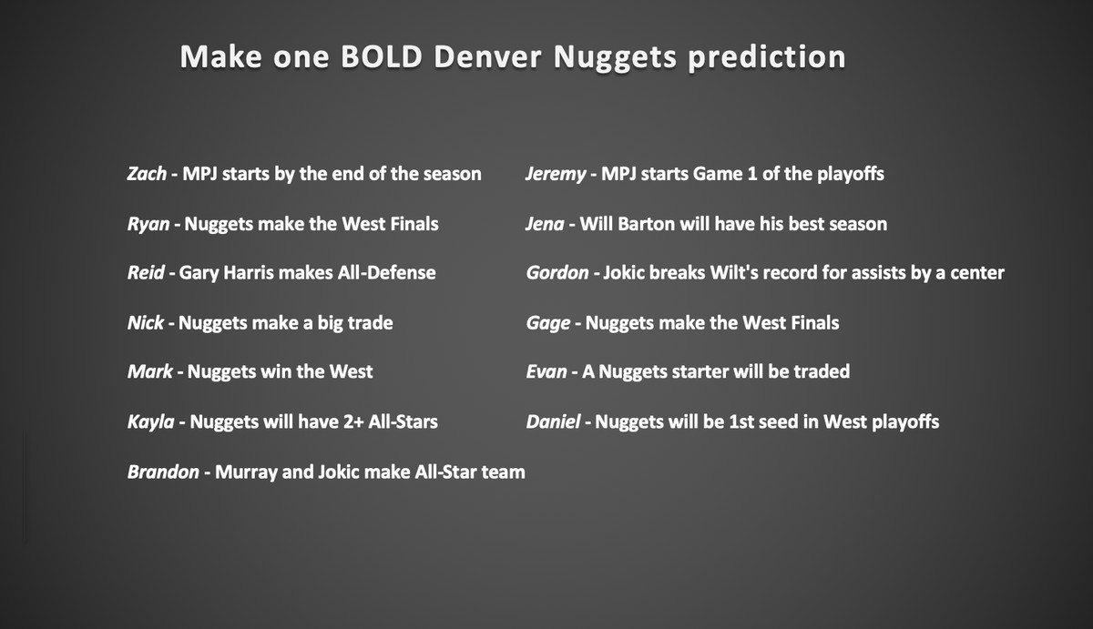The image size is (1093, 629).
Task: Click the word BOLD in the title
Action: pos(382,56)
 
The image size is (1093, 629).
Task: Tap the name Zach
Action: pos(147,174)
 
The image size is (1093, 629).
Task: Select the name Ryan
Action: pos(148,225)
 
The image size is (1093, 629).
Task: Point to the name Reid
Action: pos(146,272)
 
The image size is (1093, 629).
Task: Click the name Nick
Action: pos(146,323)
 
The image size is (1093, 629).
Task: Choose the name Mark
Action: pos(149,371)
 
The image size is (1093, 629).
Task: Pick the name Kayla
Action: pos(151,422)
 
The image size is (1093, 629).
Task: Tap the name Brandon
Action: pos(163,472)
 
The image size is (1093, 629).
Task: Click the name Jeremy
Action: pos(556,175)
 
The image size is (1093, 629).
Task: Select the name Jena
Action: pos(545,224)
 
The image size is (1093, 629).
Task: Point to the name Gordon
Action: pos(557,272)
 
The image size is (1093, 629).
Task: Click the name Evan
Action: pos(546,371)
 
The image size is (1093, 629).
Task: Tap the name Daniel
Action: pos(554,421)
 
